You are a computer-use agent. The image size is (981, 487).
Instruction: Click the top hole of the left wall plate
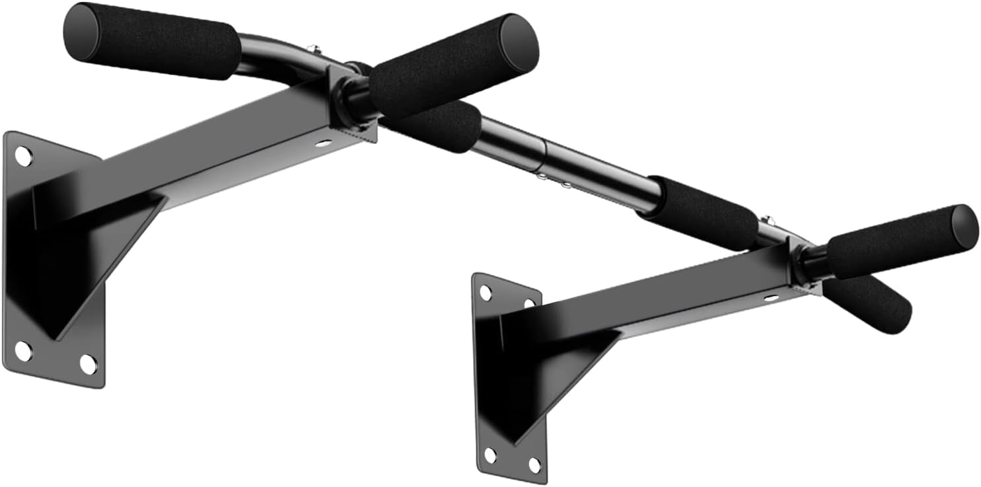22,157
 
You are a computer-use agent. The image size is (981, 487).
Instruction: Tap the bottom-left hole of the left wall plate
22,351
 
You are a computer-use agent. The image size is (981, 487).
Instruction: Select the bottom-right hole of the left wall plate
88,363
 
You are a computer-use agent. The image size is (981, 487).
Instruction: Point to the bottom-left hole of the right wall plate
490,455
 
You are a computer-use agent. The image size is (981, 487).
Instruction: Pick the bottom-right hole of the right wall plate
534,465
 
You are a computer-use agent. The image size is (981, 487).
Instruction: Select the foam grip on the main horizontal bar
703,213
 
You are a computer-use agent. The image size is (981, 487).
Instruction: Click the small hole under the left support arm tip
324,143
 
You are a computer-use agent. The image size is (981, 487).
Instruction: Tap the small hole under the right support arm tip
771,297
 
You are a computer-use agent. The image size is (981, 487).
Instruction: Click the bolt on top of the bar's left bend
315,50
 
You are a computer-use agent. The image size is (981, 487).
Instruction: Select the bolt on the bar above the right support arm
767,219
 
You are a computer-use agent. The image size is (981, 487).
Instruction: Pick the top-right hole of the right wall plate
529,303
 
